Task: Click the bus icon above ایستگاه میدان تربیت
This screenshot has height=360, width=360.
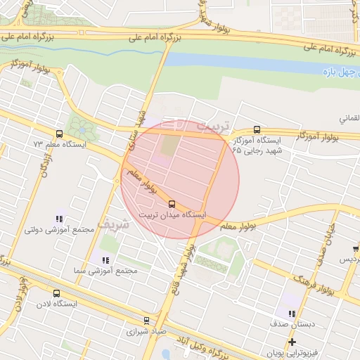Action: click(172, 204)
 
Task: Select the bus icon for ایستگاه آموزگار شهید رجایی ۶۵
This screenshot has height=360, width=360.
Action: click(257, 129)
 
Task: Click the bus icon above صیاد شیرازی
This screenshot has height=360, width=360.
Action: click(146, 320)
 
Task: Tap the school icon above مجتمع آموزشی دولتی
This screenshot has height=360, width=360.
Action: click(59, 219)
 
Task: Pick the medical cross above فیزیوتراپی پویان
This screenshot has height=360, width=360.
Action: click(292, 342)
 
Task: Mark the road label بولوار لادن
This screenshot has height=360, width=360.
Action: click(22, 295)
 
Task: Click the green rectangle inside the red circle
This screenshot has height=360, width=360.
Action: click(170, 146)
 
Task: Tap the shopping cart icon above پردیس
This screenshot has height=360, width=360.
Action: click(356, 249)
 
